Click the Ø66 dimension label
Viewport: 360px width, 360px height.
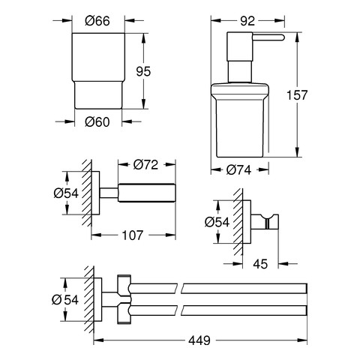click(97, 21)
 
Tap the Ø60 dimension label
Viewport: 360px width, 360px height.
click(97, 122)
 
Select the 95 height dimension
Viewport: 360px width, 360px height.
click(143, 71)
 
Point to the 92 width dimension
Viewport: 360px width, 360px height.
click(247, 21)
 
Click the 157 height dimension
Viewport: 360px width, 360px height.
click(297, 95)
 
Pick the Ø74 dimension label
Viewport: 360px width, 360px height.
click(238, 170)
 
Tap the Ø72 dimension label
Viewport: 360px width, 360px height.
click(145, 164)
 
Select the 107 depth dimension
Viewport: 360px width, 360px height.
click(133, 235)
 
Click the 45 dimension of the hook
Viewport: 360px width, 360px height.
click(260, 264)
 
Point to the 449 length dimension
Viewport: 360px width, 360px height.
click(199, 340)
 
